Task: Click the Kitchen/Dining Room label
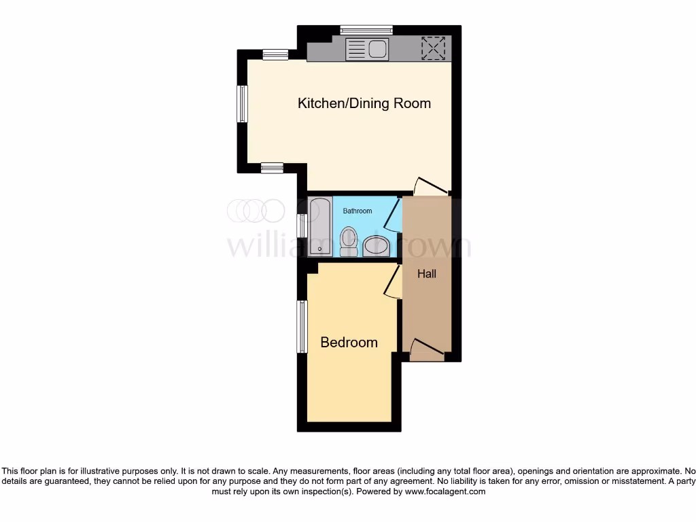(364, 103)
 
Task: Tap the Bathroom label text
(357, 211)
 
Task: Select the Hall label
(427, 274)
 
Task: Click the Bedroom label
(349, 343)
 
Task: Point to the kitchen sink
(367, 50)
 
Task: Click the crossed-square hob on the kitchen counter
(432, 48)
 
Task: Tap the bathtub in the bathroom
(319, 226)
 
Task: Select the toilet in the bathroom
(349, 241)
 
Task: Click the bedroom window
(302, 327)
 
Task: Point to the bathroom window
(301, 226)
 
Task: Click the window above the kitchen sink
(366, 29)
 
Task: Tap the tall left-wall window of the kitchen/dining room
(241, 104)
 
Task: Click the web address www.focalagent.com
(446, 491)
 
